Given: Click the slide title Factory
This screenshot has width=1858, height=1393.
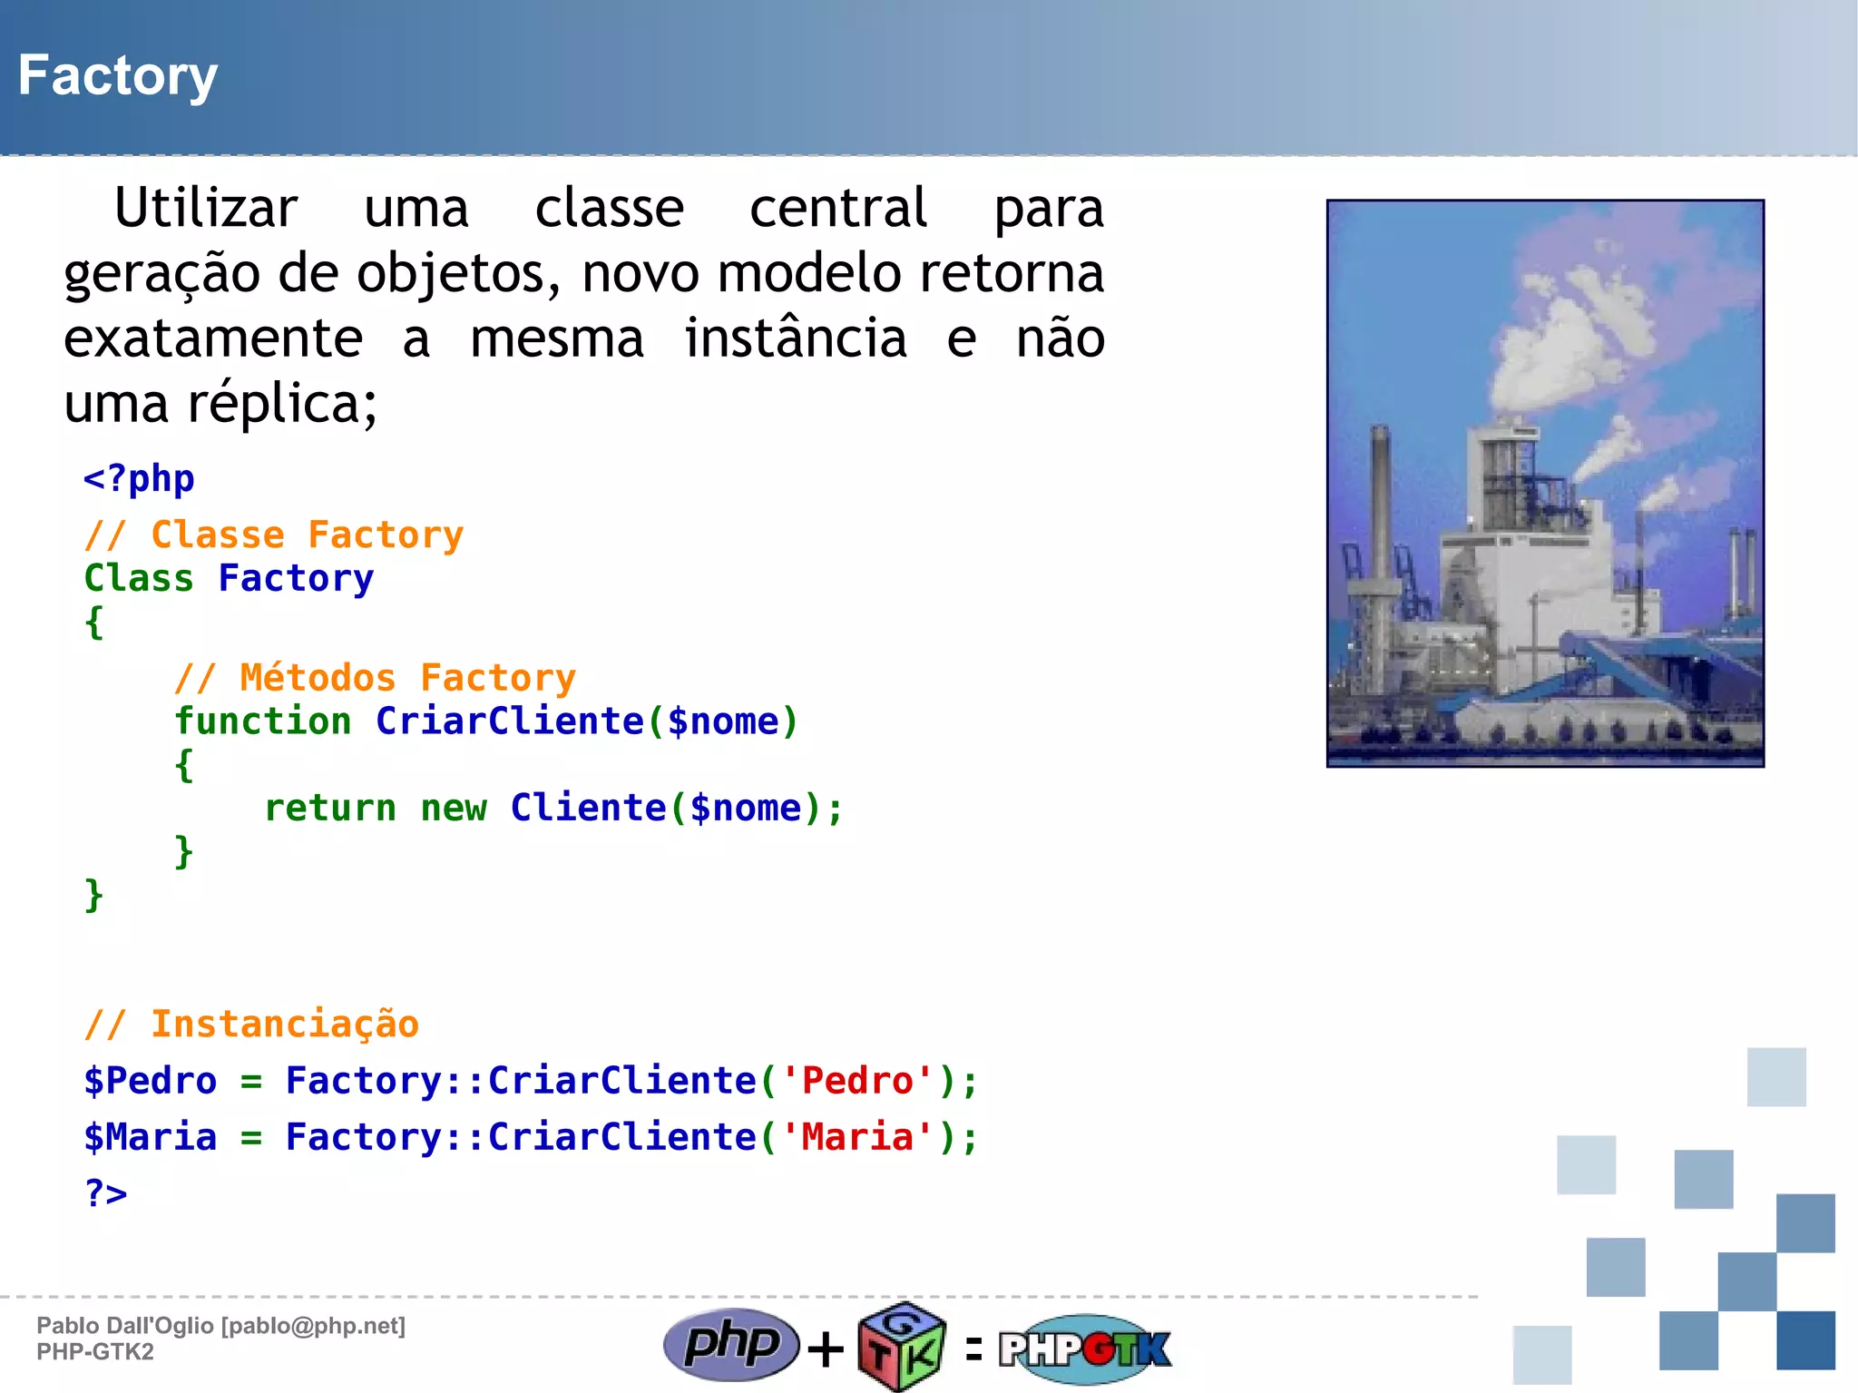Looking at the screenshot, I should (x=118, y=75).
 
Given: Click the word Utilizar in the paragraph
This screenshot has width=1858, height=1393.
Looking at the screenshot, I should (x=206, y=208).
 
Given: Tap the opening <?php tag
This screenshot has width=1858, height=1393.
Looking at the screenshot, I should (x=139, y=478).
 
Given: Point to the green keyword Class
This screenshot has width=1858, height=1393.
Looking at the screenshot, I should (x=139, y=578).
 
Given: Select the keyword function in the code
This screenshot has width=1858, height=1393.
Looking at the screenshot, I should (x=263, y=721).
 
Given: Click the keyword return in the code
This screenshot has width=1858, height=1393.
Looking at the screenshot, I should (x=330, y=808).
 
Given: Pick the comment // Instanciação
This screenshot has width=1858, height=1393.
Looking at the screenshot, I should (x=251, y=1024).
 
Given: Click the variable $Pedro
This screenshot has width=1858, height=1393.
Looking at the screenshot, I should (x=151, y=1080).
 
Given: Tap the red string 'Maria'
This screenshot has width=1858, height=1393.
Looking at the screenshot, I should (x=857, y=1136).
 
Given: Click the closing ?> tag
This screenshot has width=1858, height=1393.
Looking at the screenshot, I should (x=106, y=1192).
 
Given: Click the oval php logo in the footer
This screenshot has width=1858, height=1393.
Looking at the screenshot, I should (x=731, y=1344).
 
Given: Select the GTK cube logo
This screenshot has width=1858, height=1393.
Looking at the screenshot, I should (x=902, y=1347).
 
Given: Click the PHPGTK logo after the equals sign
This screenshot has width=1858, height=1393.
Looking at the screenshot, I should (x=1085, y=1349).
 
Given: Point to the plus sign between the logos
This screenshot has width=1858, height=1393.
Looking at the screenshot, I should (x=826, y=1349).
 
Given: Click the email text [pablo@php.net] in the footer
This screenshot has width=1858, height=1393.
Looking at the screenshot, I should (x=313, y=1326).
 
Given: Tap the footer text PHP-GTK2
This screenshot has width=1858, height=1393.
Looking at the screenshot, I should (x=95, y=1352).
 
